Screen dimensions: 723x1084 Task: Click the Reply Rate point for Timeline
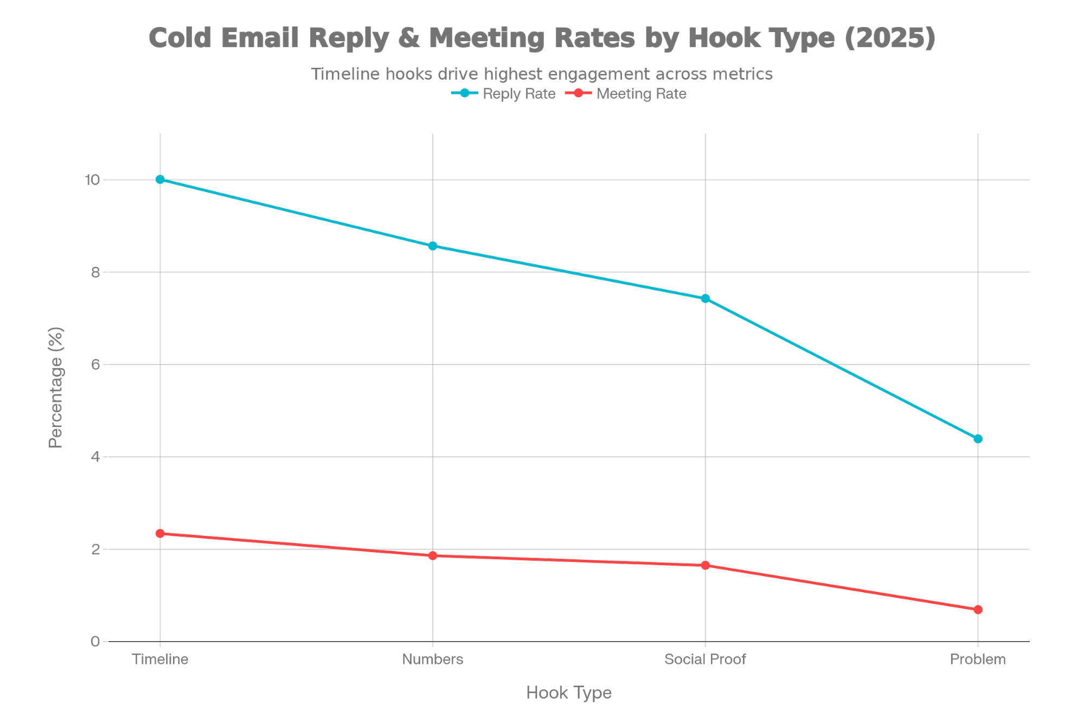160,180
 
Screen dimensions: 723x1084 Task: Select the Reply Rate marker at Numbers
433,246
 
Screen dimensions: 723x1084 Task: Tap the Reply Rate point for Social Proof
705,298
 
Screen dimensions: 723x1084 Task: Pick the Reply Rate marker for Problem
978,439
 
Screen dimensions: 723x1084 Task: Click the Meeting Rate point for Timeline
160,534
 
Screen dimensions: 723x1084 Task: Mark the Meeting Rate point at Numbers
433,555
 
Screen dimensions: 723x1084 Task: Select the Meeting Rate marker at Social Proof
705,565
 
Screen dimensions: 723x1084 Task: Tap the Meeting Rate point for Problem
978,610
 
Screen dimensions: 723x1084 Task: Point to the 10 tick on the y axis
92,180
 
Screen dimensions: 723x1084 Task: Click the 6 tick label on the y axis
96,364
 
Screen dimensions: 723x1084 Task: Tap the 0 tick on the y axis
96,642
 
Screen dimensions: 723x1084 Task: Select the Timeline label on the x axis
160,659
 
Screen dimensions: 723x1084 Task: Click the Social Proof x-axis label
705,659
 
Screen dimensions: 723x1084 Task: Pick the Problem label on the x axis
978,659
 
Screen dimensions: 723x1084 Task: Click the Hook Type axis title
568,693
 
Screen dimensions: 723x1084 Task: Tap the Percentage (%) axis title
56,387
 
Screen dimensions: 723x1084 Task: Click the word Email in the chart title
259,38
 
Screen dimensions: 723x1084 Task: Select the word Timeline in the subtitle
346,74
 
